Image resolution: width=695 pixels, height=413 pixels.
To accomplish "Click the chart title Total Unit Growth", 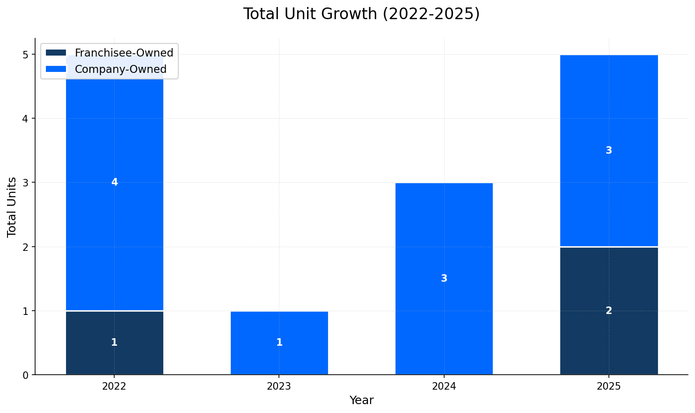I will (x=361, y=14).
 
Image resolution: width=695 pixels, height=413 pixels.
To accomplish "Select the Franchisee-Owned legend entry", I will (x=124, y=53).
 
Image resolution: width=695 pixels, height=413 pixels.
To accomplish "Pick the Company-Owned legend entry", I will (x=120, y=69).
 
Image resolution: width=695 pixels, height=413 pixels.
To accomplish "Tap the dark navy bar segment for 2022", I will (x=115, y=342).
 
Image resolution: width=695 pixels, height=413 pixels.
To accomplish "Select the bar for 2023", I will (x=279, y=342).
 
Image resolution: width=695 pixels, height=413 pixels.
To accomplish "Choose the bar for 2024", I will (x=444, y=278).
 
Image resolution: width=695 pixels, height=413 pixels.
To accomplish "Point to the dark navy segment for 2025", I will (x=609, y=311).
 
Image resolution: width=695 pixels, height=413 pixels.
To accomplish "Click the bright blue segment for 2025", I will (x=609, y=150).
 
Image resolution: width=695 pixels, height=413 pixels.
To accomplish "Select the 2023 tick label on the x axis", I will (x=279, y=386).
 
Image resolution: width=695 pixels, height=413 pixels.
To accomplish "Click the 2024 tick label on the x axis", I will (x=444, y=386).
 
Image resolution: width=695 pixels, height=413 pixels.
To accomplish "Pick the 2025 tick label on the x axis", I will (x=609, y=386).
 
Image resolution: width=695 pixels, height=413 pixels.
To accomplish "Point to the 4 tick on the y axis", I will (x=26, y=119).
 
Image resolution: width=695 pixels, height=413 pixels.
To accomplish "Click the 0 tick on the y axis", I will (x=26, y=375).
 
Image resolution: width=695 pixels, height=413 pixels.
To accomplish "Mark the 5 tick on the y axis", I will (x=26, y=55).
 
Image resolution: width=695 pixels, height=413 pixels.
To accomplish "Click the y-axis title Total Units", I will (x=12, y=206).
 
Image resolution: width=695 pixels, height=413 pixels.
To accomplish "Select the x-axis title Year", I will (x=361, y=400).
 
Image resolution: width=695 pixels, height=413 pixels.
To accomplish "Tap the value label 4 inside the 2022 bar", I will (x=115, y=182).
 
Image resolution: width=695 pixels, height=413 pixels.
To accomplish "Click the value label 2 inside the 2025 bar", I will (x=609, y=311).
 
